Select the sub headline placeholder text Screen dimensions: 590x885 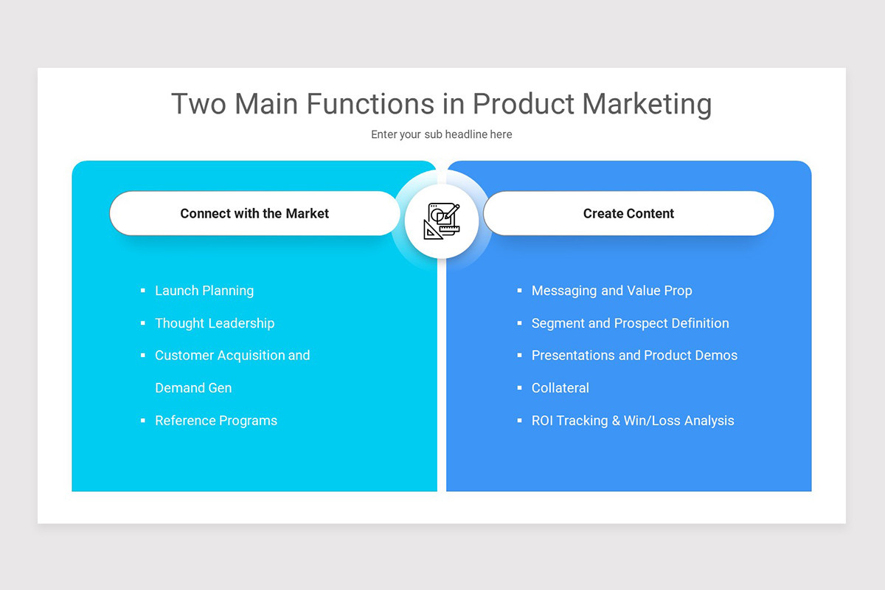pos(441,134)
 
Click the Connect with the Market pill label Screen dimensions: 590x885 pos(254,214)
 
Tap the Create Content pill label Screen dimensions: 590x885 pos(628,214)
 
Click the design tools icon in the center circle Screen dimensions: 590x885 pos(442,221)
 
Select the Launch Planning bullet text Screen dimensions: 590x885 pos(204,291)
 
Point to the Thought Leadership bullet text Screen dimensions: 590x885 pos(215,323)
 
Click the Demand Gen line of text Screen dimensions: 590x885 pos(193,388)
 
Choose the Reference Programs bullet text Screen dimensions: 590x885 pos(216,421)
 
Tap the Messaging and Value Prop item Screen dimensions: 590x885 pos(611,291)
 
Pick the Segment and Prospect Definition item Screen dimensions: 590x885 pos(630,323)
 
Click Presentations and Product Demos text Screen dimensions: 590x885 pos(634,355)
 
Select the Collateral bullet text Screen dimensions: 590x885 pos(560,388)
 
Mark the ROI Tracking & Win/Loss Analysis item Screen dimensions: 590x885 pos(633,421)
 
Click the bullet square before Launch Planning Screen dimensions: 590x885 pos(143,291)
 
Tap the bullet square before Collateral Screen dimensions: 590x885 pos(520,389)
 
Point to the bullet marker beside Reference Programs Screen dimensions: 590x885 pos(143,421)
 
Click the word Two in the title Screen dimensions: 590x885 pos(199,104)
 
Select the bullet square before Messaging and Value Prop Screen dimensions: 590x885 pos(520,291)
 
